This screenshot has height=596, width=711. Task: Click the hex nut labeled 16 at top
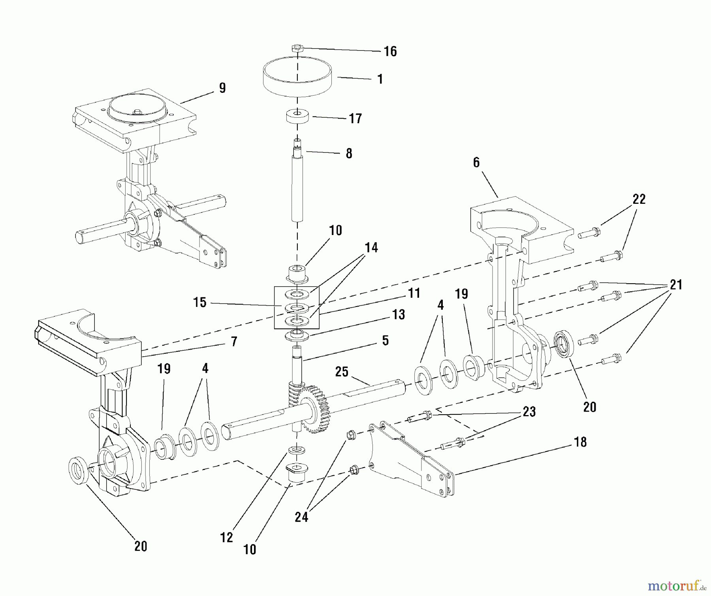297,48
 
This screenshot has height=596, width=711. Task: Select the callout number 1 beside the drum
380,79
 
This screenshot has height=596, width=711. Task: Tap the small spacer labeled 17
297,117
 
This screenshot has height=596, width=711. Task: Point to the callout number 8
349,153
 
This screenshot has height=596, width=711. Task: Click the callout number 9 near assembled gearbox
222,88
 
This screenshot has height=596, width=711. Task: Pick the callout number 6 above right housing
476,162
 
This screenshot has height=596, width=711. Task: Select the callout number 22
639,199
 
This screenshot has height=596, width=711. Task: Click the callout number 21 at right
676,284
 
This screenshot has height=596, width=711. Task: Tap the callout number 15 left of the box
200,302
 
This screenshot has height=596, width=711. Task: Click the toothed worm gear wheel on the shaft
316,411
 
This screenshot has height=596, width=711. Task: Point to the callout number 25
342,372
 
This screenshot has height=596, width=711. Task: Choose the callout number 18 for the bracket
580,442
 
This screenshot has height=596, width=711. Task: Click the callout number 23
529,412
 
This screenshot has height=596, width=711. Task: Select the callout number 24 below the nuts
301,517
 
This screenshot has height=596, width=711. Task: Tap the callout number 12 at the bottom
227,537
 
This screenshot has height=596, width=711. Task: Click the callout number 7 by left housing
234,341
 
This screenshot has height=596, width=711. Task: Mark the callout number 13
399,314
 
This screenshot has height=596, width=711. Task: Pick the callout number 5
386,340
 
